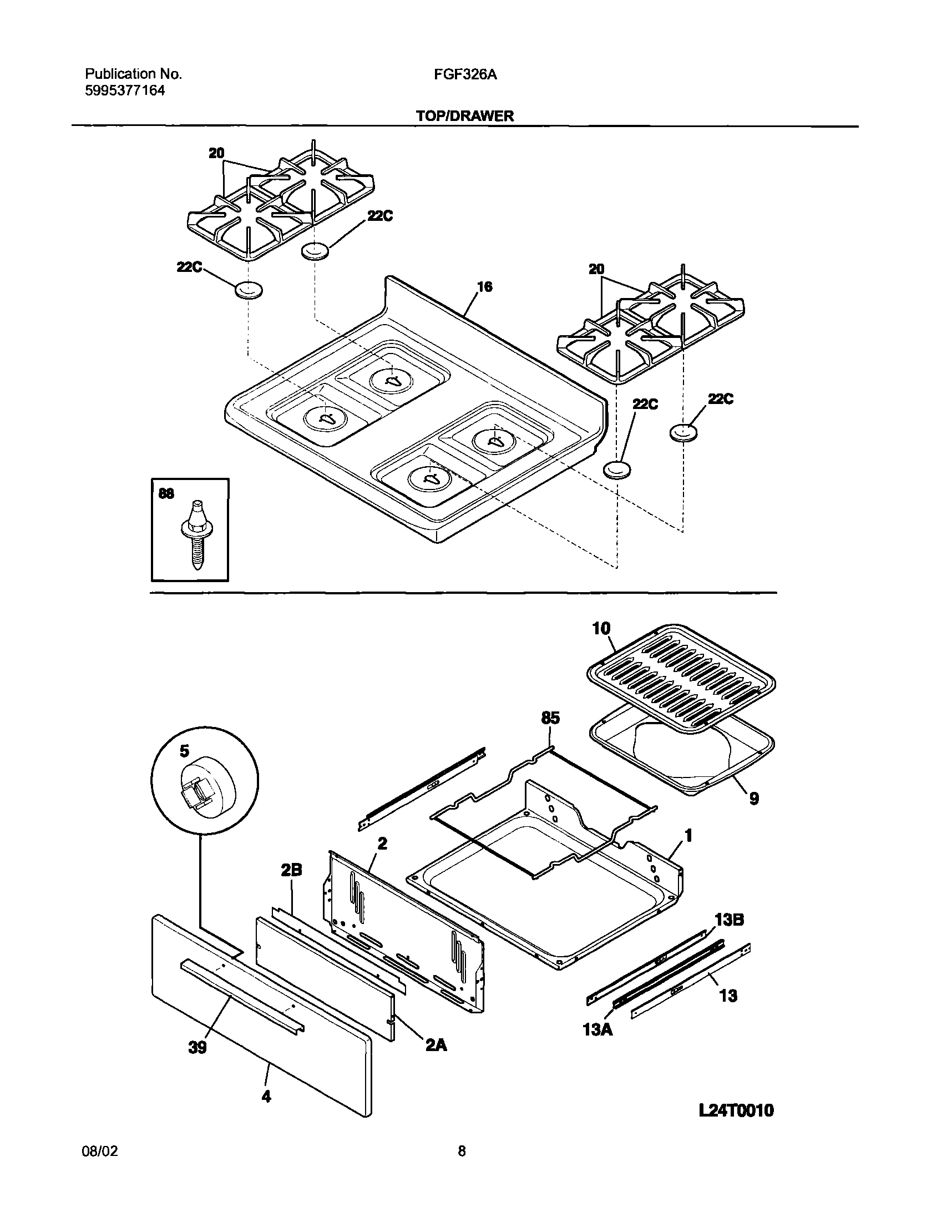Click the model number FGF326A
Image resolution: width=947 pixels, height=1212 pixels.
pos(465,74)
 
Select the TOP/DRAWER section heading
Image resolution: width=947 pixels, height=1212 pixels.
pos(465,116)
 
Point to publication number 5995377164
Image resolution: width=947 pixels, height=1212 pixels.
pos(125,91)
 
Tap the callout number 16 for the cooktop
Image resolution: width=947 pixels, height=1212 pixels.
pos(484,287)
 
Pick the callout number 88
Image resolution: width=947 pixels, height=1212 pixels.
pos(166,493)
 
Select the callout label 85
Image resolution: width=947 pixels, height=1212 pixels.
pos(550,718)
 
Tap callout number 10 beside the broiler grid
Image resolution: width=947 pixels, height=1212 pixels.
pos(601,629)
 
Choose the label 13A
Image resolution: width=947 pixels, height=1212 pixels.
pos(597,1030)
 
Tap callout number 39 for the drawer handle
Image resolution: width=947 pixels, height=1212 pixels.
pos(197,1048)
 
